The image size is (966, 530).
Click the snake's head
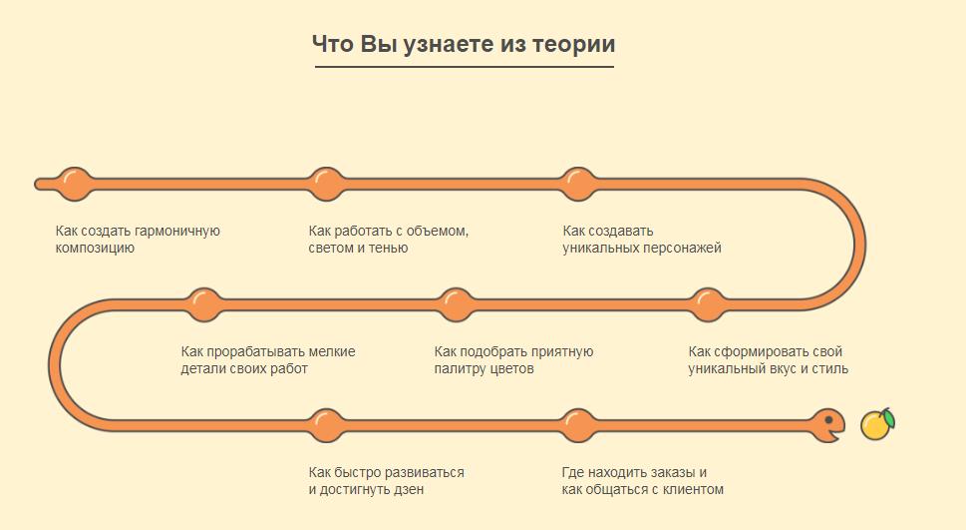(827, 424)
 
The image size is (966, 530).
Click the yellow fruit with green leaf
(877, 424)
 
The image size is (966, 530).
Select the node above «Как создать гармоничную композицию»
(75, 184)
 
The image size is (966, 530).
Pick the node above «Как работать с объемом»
(327, 184)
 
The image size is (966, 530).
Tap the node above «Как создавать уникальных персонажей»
(578, 184)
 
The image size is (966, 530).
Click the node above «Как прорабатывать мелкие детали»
(203, 304)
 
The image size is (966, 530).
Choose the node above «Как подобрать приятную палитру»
(456, 304)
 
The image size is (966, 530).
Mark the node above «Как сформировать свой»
(708, 304)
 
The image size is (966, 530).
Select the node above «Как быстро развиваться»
(327, 426)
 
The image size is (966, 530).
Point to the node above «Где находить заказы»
(578, 426)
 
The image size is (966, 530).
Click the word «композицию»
(95, 249)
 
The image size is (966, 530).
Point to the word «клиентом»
(694, 490)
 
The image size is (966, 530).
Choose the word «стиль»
(830, 369)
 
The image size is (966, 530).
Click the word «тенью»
(390, 249)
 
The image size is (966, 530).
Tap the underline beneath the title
(465, 66)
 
